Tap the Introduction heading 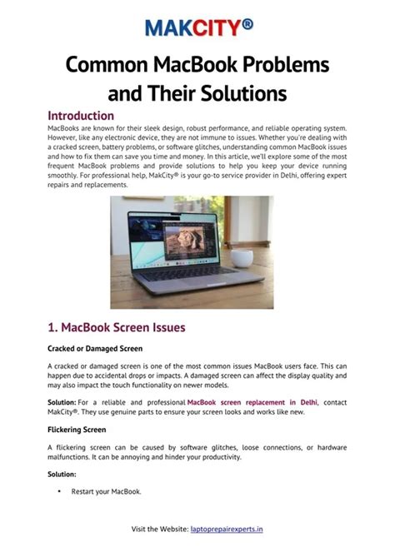point(81,116)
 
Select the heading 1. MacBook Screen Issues point(117,327)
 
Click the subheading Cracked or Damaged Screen point(94,348)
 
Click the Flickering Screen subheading point(77,430)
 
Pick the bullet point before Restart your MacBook point(59,491)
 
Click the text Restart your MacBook point(106,491)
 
